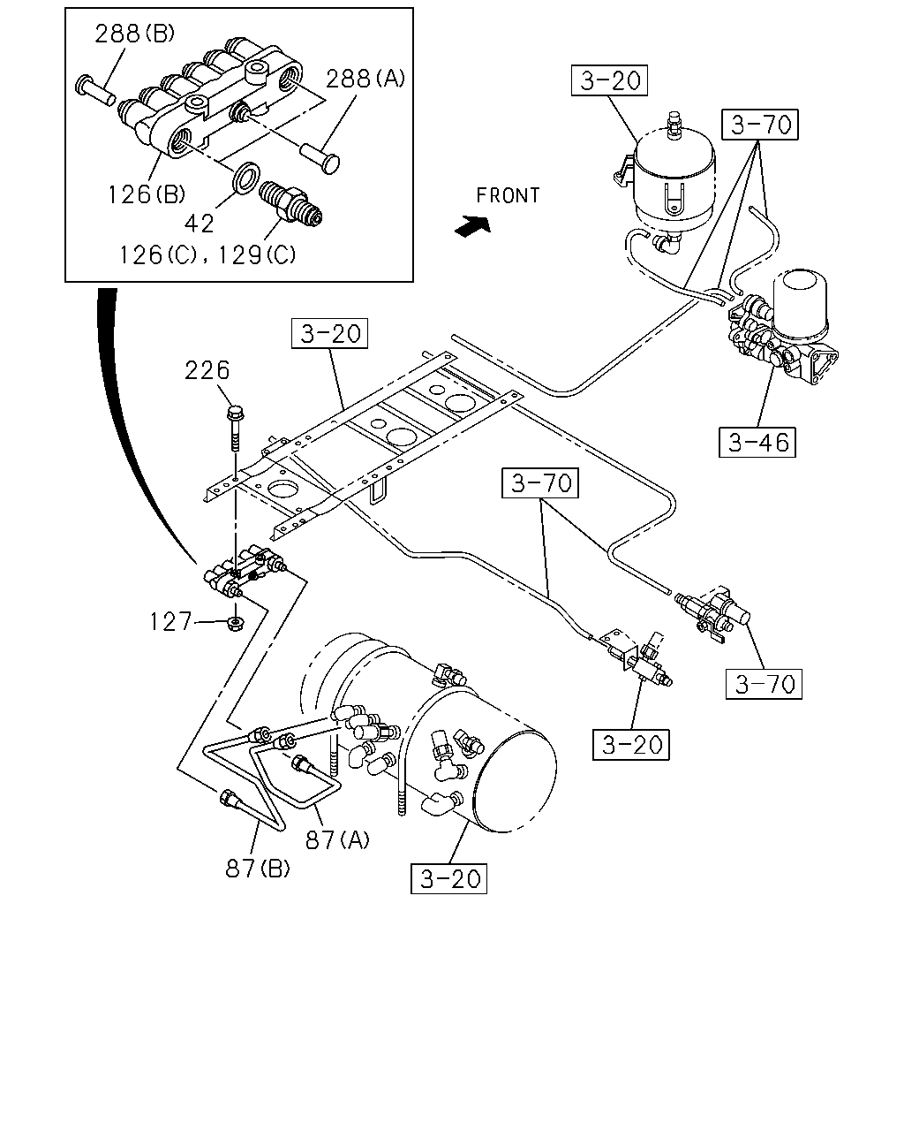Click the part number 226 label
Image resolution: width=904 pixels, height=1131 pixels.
(x=207, y=370)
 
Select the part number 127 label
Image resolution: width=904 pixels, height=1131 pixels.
(x=170, y=622)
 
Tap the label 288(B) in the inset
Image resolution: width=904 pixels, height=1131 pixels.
(x=134, y=34)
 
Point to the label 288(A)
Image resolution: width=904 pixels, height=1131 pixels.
(x=365, y=79)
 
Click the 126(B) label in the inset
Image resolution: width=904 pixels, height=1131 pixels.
(x=147, y=194)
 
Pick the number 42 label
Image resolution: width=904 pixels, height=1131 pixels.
(x=200, y=224)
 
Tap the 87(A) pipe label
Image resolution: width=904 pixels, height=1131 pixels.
(x=338, y=839)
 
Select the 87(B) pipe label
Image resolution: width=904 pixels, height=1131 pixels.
(x=258, y=869)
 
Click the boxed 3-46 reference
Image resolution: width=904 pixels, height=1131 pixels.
(x=757, y=442)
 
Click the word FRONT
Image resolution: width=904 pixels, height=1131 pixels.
(x=508, y=195)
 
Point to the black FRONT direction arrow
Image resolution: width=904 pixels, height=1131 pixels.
(x=473, y=226)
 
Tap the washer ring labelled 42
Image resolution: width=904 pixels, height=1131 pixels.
(x=245, y=178)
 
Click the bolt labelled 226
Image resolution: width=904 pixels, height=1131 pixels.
(x=235, y=428)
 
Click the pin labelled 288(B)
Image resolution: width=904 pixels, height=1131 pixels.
(x=95, y=91)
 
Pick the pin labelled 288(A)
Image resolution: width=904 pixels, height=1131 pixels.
(x=320, y=157)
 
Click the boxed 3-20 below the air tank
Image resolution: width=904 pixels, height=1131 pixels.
(x=448, y=878)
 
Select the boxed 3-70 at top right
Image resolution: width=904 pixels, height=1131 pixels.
(x=760, y=125)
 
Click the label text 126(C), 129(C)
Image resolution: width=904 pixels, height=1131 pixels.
(x=208, y=255)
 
